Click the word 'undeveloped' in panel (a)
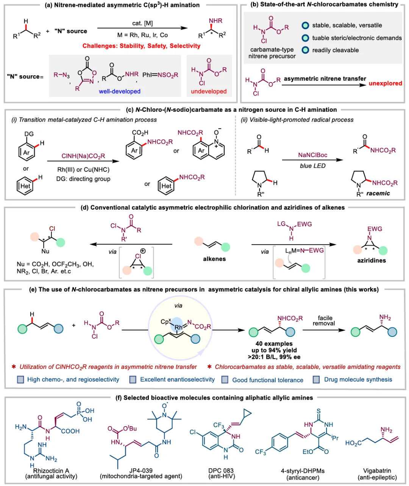(x=209, y=91)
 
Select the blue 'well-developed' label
(x=120, y=91)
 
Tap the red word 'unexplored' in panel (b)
(x=385, y=83)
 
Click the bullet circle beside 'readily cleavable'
(x=305, y=50)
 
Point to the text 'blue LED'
(x=312, y=166)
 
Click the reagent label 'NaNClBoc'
(x=313, y=155)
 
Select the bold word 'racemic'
(x=378, y=193)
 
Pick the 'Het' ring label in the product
(x=166, y=186)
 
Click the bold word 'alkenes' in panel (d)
(x=214, y=259)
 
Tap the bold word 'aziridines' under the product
(x=372, y=260)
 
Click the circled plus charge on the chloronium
(x=143, y=251)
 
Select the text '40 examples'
(x=274, y=344)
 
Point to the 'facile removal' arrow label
(x=325, y=321)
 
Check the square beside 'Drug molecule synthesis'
(x=316, y=380)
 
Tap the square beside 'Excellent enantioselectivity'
(x=133, y=380)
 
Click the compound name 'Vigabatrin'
(x=377, y=470)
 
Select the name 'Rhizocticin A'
(x=51, y=470)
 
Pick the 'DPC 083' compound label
(x=221, y=470)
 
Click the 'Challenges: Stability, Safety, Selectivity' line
(x=141, y=46)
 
